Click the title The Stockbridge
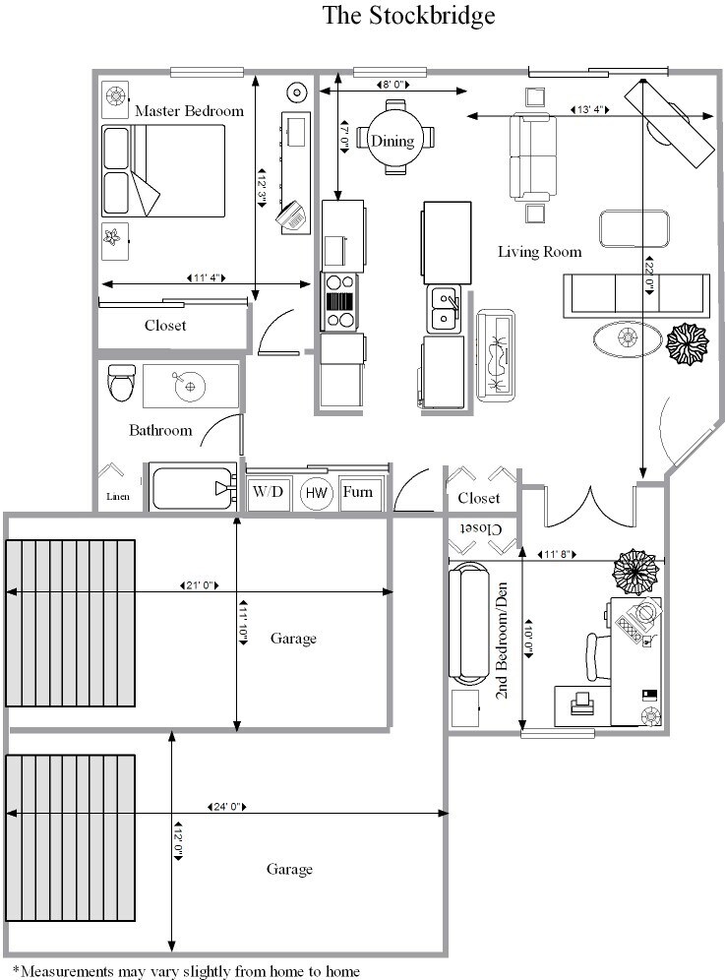(408, 16)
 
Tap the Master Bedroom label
(189, 111)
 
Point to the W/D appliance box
(268, 491)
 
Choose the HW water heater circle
(316, 492)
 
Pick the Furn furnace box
(357, 491)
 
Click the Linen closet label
(117, 497)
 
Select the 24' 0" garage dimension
(227, 807)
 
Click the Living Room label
(539, 252)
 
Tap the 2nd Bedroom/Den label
(502, 644)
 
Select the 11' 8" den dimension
(558, 555)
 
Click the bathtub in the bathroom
(193, 488)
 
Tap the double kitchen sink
(444, 308)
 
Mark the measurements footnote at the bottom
(186, 971)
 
